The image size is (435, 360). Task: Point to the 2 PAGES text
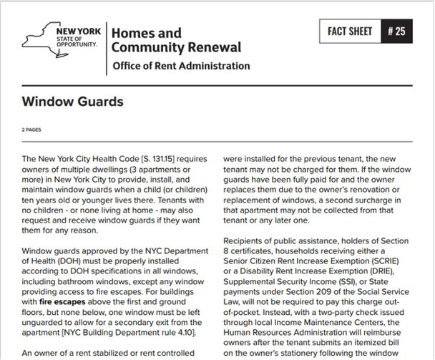[x=33, y=130]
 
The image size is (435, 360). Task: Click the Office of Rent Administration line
[x=181, y=67]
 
